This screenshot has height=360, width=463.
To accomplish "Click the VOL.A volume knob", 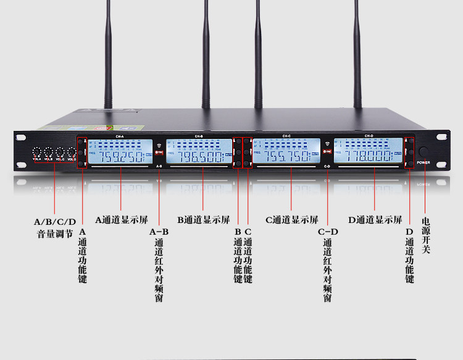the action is tap(36, 152).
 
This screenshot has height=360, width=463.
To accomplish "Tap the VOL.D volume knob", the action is tap(71, 152).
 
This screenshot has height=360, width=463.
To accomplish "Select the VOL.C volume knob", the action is tap(60, 152).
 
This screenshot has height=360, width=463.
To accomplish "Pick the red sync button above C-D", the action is tap(327, 151).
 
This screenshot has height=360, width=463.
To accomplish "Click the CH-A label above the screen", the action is tap(120, 136).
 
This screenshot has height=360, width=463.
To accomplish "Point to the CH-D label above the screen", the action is tap(369, 136).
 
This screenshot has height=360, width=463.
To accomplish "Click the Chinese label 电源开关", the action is tap(426, 235).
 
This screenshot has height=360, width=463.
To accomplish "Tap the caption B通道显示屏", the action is tap(203, 219).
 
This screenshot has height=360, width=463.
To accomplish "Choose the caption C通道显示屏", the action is tap(291, 219).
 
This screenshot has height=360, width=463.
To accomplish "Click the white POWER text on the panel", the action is tap(423, 162).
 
